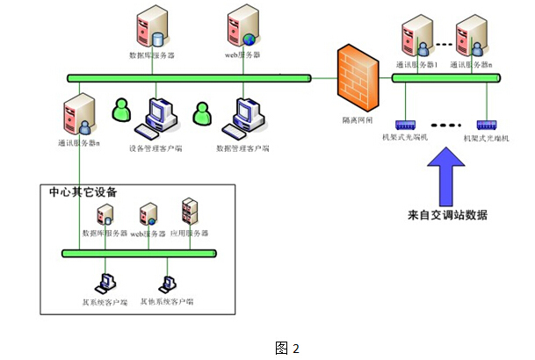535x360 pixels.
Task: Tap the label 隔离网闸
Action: [358, 115]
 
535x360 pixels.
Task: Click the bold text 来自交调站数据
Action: [448, 215]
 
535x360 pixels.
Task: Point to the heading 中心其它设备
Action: [83, 191]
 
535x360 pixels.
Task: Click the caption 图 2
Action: [287, 348]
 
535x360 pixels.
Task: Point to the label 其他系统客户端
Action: [167, 301]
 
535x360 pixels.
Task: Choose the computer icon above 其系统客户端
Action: [105, 283]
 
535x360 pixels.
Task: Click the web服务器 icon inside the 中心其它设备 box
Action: [148, 215]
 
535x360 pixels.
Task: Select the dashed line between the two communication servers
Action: [445, 44]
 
